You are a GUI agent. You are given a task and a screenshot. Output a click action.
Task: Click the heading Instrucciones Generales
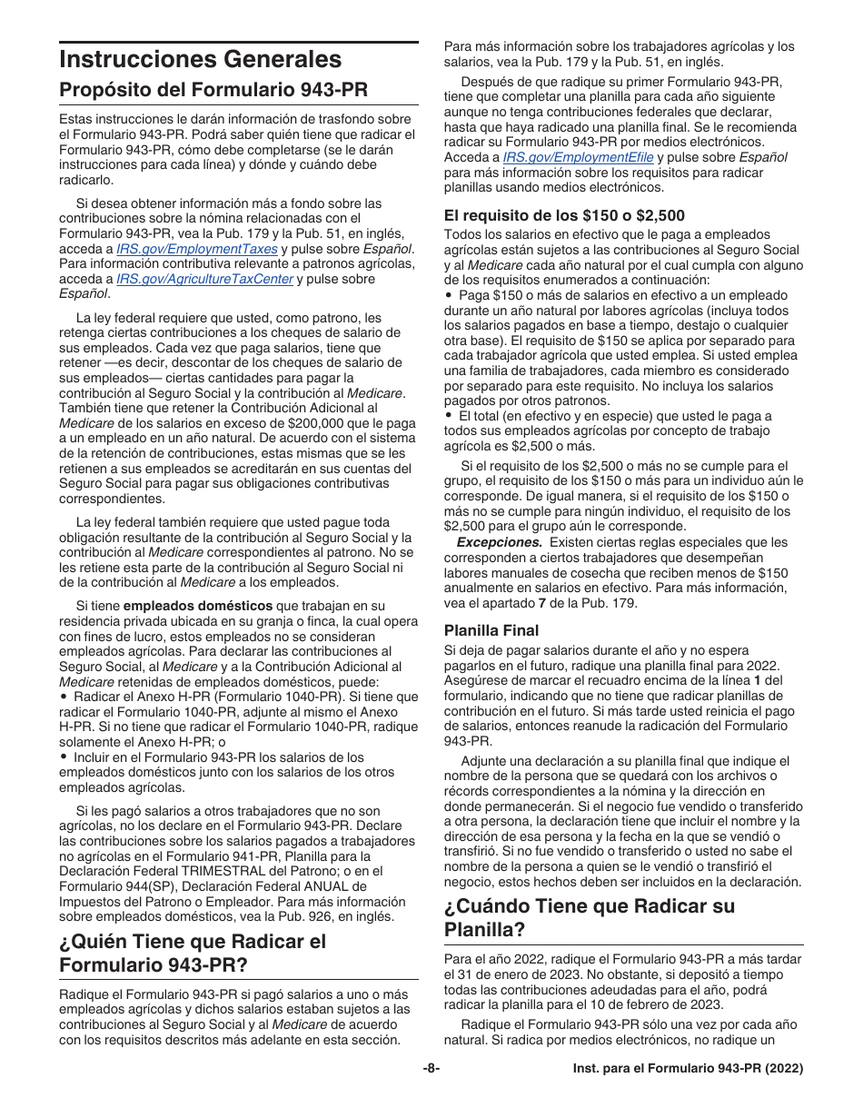point(200,60)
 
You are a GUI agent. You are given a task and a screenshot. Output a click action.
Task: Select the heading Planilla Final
point(491,630)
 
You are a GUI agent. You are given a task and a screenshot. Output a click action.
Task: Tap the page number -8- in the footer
point(431,1070)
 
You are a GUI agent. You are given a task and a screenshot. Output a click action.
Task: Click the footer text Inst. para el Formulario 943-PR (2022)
point(688,1070)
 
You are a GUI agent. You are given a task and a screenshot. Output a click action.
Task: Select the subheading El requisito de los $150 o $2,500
point(563,215)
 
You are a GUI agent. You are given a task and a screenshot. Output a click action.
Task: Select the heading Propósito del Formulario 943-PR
point(213,91)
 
